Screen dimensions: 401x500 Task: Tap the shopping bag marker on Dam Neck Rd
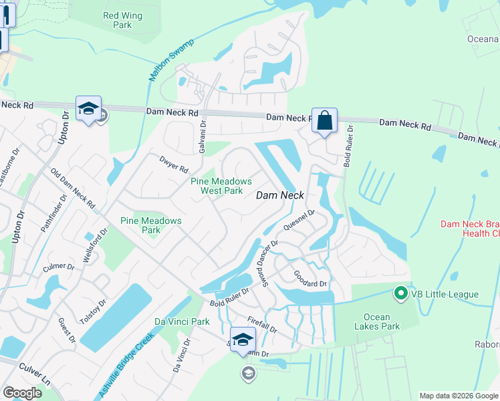[x=324, y=122]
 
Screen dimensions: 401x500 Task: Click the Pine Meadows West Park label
[x=221, y=186]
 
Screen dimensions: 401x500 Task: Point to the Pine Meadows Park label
[x=150, y=225]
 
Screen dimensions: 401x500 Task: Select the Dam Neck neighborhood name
[x=281, y=195]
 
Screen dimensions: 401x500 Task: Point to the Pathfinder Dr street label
[x=54, y=214]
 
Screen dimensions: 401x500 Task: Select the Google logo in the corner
[x=22, y=393]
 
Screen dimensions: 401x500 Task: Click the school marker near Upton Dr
[x=88, y=110]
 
